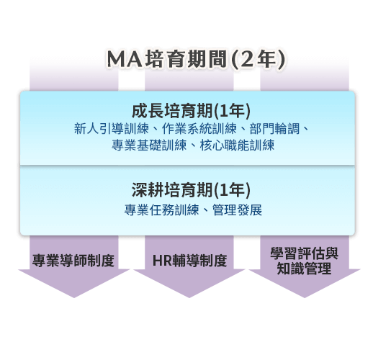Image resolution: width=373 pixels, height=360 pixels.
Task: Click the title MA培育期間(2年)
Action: pos(196,59)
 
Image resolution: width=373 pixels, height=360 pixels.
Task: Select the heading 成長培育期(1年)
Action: pos(191,111)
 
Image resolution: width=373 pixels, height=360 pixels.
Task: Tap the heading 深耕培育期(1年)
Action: pos(191,190)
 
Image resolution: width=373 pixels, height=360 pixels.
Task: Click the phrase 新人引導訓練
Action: pos(112,129)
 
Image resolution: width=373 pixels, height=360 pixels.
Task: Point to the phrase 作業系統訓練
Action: pos(199,129)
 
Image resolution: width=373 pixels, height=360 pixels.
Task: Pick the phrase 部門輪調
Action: pos(274,129)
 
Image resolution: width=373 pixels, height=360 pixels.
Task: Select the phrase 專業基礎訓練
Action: pos(149,145)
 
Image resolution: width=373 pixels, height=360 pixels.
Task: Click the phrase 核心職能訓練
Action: pos(237,145)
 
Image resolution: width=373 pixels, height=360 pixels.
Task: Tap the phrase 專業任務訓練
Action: pos(161,210)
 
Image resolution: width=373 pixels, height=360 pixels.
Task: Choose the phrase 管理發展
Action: pos(237,210)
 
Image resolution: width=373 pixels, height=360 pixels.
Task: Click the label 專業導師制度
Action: pos(73,261)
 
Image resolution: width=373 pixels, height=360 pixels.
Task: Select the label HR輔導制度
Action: pos(189,261)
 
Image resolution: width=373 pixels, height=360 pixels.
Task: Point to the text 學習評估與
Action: pos(304,253)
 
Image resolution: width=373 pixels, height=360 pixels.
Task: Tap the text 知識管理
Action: pos(304,269)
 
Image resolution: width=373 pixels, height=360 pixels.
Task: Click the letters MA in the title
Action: pos(125,59)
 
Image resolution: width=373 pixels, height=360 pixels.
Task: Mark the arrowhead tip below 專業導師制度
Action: pos(74,298)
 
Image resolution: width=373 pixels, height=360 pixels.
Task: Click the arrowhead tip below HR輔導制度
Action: pos(189,298)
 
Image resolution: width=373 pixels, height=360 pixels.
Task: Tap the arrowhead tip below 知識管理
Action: pos(305,298)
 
